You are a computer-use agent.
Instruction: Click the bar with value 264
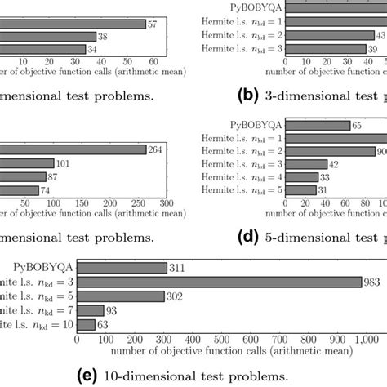[73, 149]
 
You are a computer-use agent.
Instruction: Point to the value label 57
[153, 23]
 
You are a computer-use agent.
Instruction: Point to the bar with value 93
[90, 311]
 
